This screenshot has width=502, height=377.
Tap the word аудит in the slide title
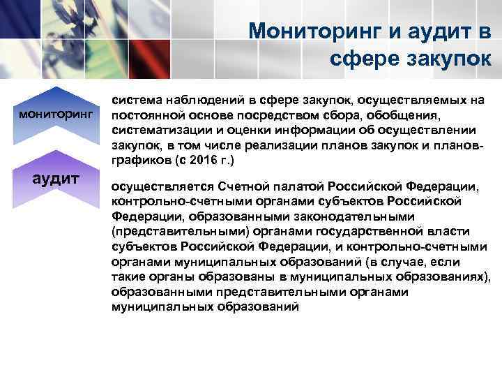pyautogui.click(x=438, y=30)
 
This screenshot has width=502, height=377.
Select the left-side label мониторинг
pyautogui.click(x=55, y=112)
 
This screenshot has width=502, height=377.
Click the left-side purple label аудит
pyautogui.click(x=55, y=178)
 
